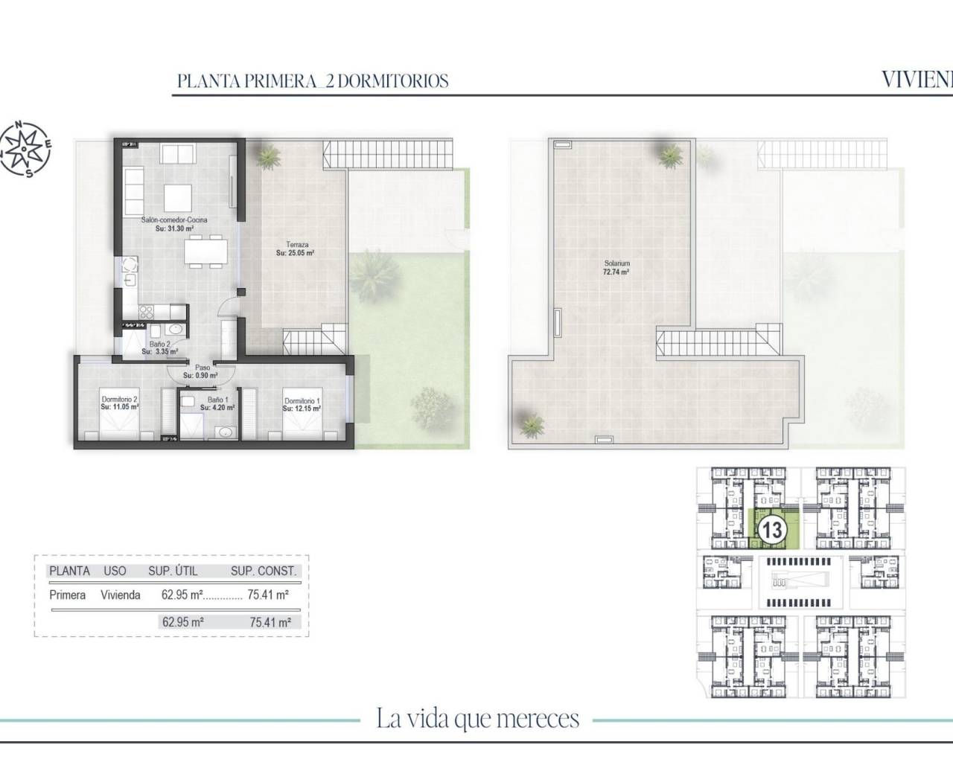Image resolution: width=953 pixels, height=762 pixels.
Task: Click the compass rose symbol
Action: pos(26,150)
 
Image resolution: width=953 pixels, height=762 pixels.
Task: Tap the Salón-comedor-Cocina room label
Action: pos(176,225)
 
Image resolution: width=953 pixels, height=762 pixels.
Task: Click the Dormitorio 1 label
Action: pos(302,406)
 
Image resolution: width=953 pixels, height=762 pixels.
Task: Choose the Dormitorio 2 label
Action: pos(120,403)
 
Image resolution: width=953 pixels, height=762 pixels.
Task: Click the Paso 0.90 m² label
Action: pos(202,371)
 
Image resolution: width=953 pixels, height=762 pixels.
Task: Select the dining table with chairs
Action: pos(205,251)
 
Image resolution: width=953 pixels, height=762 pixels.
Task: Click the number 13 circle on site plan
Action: pos(772,530)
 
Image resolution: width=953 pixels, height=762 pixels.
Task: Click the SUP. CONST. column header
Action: pos(264,571)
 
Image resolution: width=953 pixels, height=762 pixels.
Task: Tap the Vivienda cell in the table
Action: pos(122,595)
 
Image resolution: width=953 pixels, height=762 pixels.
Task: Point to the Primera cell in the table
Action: pos(67,595)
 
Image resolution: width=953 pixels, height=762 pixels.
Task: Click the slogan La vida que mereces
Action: pos(477,719)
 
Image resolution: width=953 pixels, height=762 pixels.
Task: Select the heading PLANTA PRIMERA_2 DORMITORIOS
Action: pos(313,80)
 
